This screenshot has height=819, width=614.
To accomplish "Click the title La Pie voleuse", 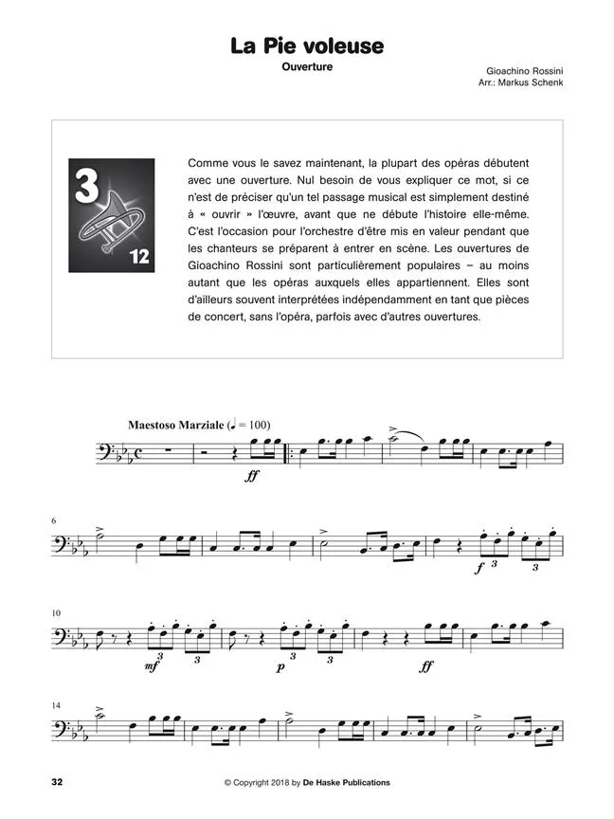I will [x=307, y=45].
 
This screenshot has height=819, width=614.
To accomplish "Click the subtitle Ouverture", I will [x=307, y=68].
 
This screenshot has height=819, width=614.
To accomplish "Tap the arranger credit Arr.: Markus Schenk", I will [x=521, y=83].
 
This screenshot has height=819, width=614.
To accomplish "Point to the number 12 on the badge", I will [x=138, y=257].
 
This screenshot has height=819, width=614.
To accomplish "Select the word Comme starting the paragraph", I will [x=208, y=162].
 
